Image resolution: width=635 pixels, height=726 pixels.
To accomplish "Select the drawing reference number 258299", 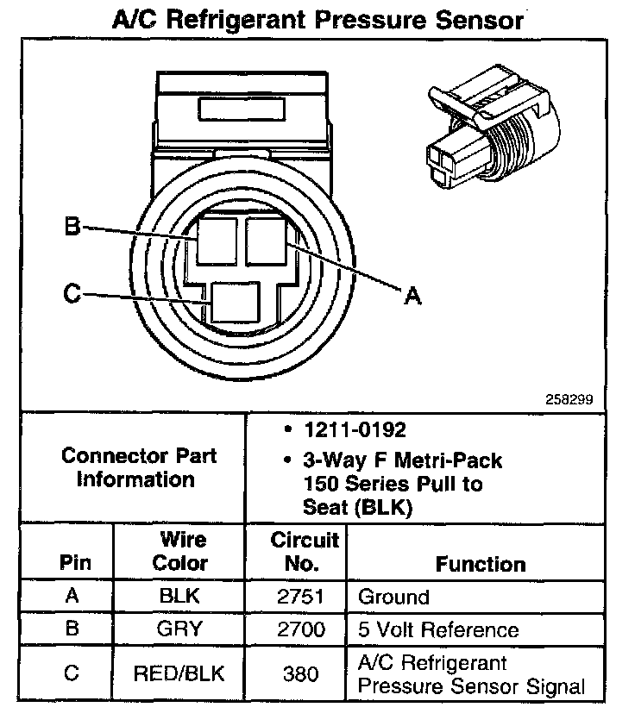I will [x=569, y=400].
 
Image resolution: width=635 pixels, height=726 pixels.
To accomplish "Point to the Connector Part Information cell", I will [x=138, y=467].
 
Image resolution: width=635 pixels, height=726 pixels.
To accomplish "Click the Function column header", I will [x=480, y=564].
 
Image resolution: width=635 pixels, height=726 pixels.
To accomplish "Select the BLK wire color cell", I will [x=180, y=596].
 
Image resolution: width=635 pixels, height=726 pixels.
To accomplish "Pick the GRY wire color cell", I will [x=180, y=629].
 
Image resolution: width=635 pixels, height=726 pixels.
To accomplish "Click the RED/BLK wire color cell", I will [x=179, y=673].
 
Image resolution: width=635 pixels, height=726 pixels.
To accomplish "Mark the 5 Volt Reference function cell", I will [x=438, y=629].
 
